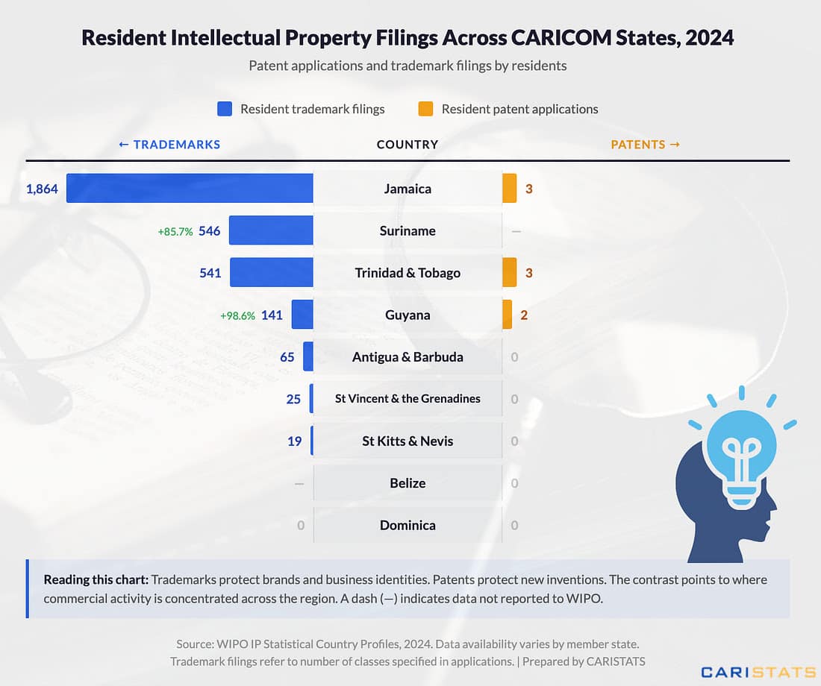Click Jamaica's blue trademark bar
click(x=190, y=189)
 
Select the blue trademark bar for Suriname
click(x=271, y=230)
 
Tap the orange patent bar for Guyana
click(x=508, y=315)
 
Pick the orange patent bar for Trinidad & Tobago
click(x=510, y=273)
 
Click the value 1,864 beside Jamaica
click(x=42, y=189)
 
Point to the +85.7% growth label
click(x=175, y=232)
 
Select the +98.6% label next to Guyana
click(x=237, y=315)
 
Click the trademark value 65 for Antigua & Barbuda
click(x=287, y=357)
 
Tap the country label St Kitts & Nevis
click(x=408, y=441)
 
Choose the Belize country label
click(x=408, y=483)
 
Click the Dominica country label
click(x=408, y=525)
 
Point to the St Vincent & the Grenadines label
click(x=408, y=399)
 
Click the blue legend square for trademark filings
click(x=225, y=109)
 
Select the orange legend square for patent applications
click(x=425, y=109)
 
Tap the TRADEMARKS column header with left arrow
click(x=169, y=145)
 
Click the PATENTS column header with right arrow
click(x=646, y=145)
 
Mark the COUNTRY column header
click(x=408, y=145)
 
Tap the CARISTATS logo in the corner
click(x=758, y=672)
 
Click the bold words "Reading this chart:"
click(x=96, y=579)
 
